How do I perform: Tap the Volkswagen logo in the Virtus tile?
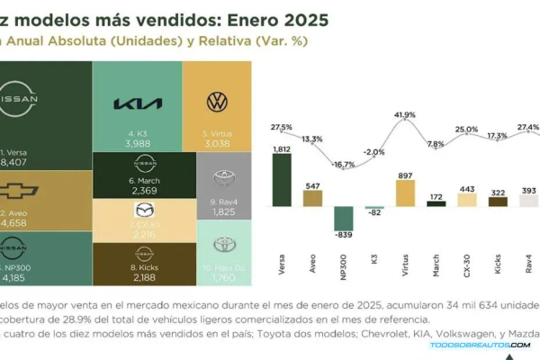pyautogui.click(x=216, y=101)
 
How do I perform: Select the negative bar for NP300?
pyautogui.click(x=343, y=219)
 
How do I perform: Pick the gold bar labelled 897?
pyautogui.click(x=405, y=193)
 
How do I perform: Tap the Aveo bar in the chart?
pyautogui.click(x=312, y=199)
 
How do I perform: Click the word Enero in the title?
pyautogui.click(x=247, y=19)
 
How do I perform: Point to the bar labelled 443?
pyautogui.click(x=466, y=200)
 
